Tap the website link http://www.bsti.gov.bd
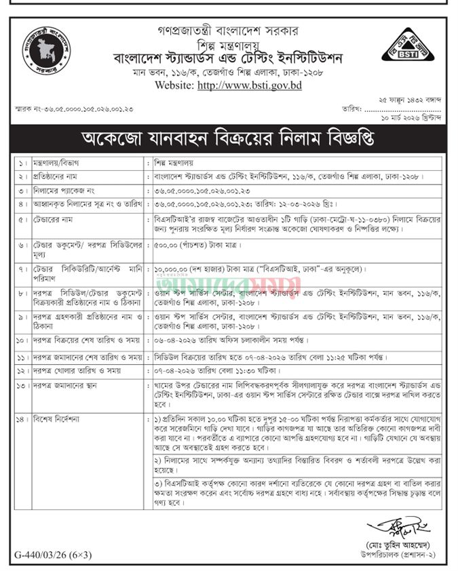coord(249,86)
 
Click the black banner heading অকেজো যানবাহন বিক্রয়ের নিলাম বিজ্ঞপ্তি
coord(229,141)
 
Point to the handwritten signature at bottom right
coord(389,528)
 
